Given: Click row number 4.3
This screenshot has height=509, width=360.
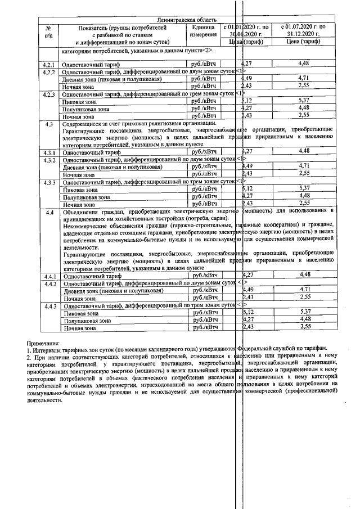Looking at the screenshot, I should click(x=49, y=123).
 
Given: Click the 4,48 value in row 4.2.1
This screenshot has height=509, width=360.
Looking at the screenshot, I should click(x=305, y=64).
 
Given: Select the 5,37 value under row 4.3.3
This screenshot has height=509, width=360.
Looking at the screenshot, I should click(x=305, y=188).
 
